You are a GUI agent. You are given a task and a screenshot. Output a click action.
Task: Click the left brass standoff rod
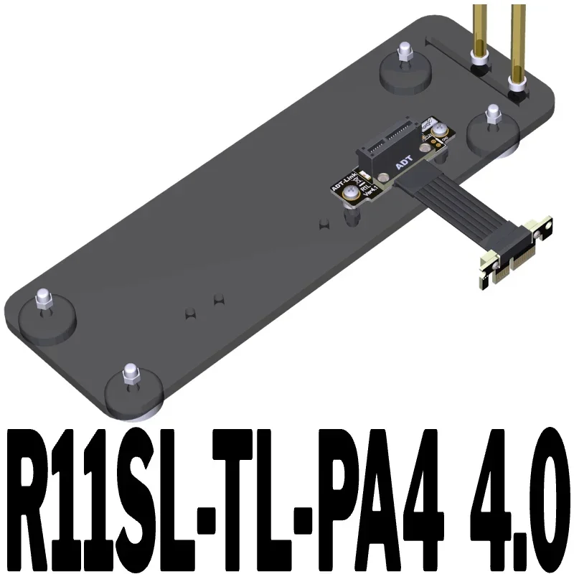pos(478,32)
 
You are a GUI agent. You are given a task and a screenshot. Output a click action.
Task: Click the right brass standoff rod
pos(517,39)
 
